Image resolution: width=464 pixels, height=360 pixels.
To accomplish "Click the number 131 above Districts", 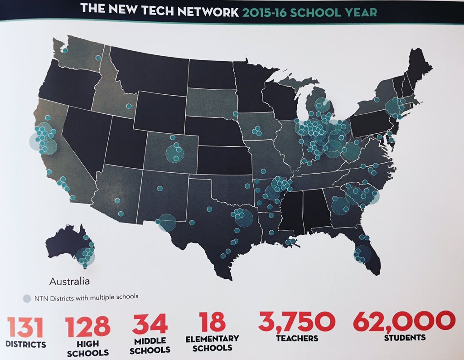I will (25, 326).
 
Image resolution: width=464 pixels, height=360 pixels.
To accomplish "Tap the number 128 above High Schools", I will (87, 326).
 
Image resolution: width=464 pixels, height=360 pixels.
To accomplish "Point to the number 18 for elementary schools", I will (211, 321).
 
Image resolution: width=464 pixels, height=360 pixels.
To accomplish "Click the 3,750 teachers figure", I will (297, 321).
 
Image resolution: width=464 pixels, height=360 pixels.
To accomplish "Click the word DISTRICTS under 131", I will (25, 344).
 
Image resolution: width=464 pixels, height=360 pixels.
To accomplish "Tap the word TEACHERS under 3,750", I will (297, 338).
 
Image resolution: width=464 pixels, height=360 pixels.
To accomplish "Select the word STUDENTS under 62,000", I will (405, 337).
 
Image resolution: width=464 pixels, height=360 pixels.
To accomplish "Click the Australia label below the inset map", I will (69, 282).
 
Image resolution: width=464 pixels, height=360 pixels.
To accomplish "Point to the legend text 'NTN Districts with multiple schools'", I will (86, 297).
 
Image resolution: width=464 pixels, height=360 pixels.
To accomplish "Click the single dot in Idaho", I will (129, 106).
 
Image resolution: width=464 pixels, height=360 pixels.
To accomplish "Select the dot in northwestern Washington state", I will (65, 51).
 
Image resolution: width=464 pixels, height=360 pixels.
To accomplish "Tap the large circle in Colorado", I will (174, 153).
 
